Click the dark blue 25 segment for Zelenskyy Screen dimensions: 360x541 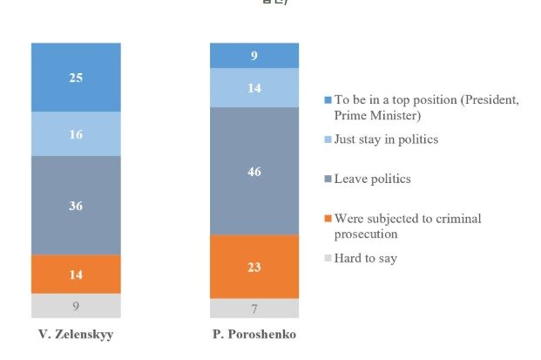pos(76,77)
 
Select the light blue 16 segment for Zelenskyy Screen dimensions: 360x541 pos(76,133)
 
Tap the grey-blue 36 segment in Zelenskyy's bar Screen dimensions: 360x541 pos(76,205)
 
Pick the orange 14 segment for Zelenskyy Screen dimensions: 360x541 pos(76,274)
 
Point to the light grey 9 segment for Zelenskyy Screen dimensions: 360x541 pos(76,305)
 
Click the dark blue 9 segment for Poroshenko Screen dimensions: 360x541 pos(254,55)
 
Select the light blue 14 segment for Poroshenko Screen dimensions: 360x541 pos(254,87)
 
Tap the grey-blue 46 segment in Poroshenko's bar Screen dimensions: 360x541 pos(254,171)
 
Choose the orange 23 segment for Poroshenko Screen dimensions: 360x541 pos(254,266)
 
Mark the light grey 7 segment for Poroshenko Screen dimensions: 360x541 pos(254,308)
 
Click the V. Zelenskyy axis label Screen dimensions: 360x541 pos(76,336)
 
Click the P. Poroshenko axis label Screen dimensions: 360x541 pos(254,336)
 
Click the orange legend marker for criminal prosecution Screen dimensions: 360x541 pos(327,219)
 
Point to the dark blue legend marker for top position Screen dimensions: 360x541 pos(327,99)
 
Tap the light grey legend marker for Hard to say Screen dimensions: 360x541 pos(327,259)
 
